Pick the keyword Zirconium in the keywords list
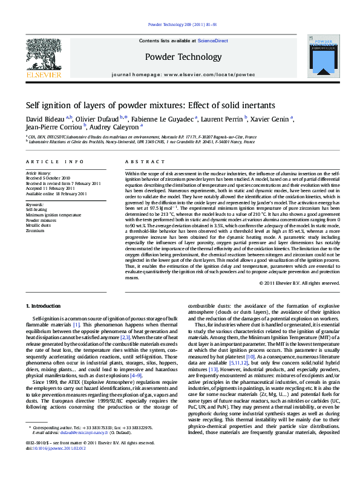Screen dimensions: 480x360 [35, 230]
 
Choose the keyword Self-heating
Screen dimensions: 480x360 [37, 209]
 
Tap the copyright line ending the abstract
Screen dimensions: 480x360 [299, 283]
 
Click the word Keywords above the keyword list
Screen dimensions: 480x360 [35, 205]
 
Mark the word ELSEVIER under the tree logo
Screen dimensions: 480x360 [44, 75]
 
